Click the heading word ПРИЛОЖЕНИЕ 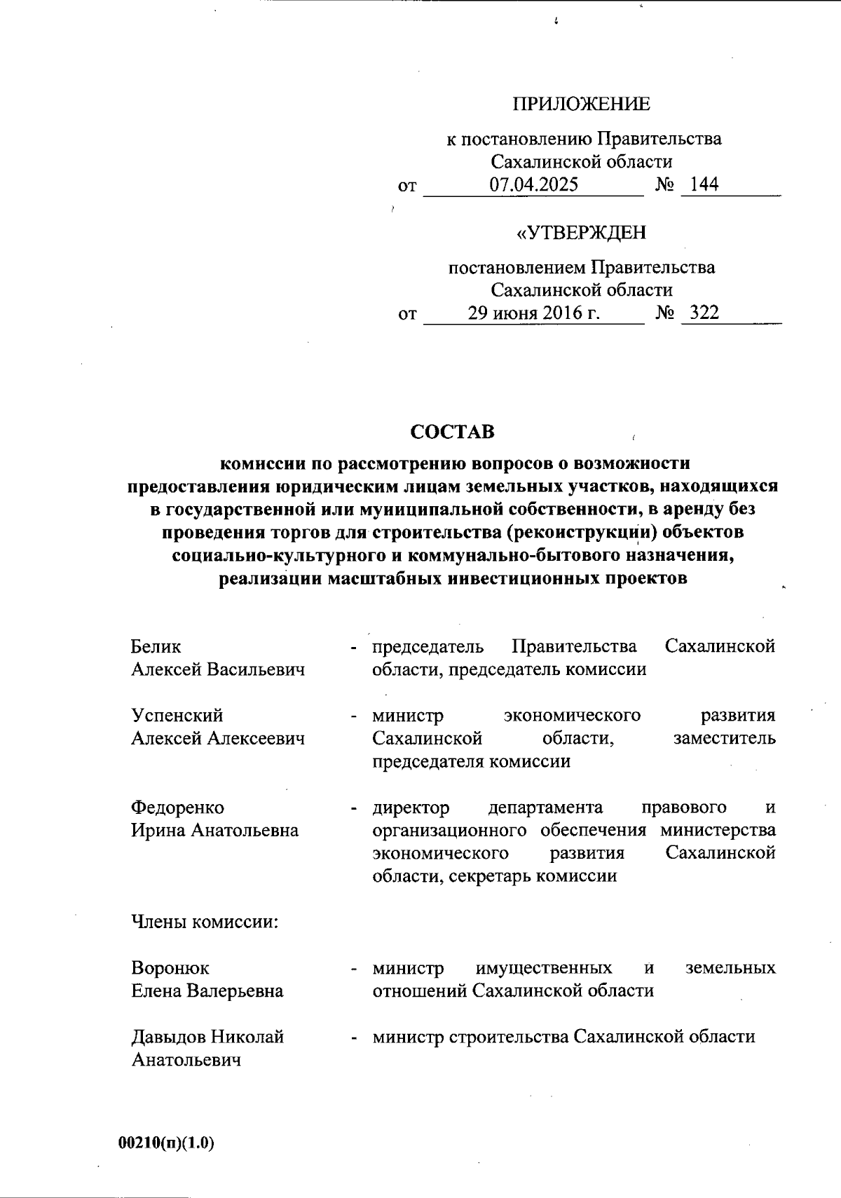[581, 104]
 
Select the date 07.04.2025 [534, 185]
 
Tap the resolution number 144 [704, 185]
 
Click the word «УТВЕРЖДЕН [581, 233]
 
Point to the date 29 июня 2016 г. [534, 313]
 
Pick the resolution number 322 [704, 313]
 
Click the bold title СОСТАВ [453, 432]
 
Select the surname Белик [156, 646]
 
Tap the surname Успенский [177, 716]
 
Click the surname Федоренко [178, 808]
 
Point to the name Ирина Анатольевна [215, 831]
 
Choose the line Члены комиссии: [205, 923]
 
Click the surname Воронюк [170, 969]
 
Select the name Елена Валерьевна [207, 991]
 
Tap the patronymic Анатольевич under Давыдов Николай [186, 1060]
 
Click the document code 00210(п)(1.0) [166, 1143]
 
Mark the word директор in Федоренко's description [411, 808]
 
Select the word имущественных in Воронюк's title [544, 969]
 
